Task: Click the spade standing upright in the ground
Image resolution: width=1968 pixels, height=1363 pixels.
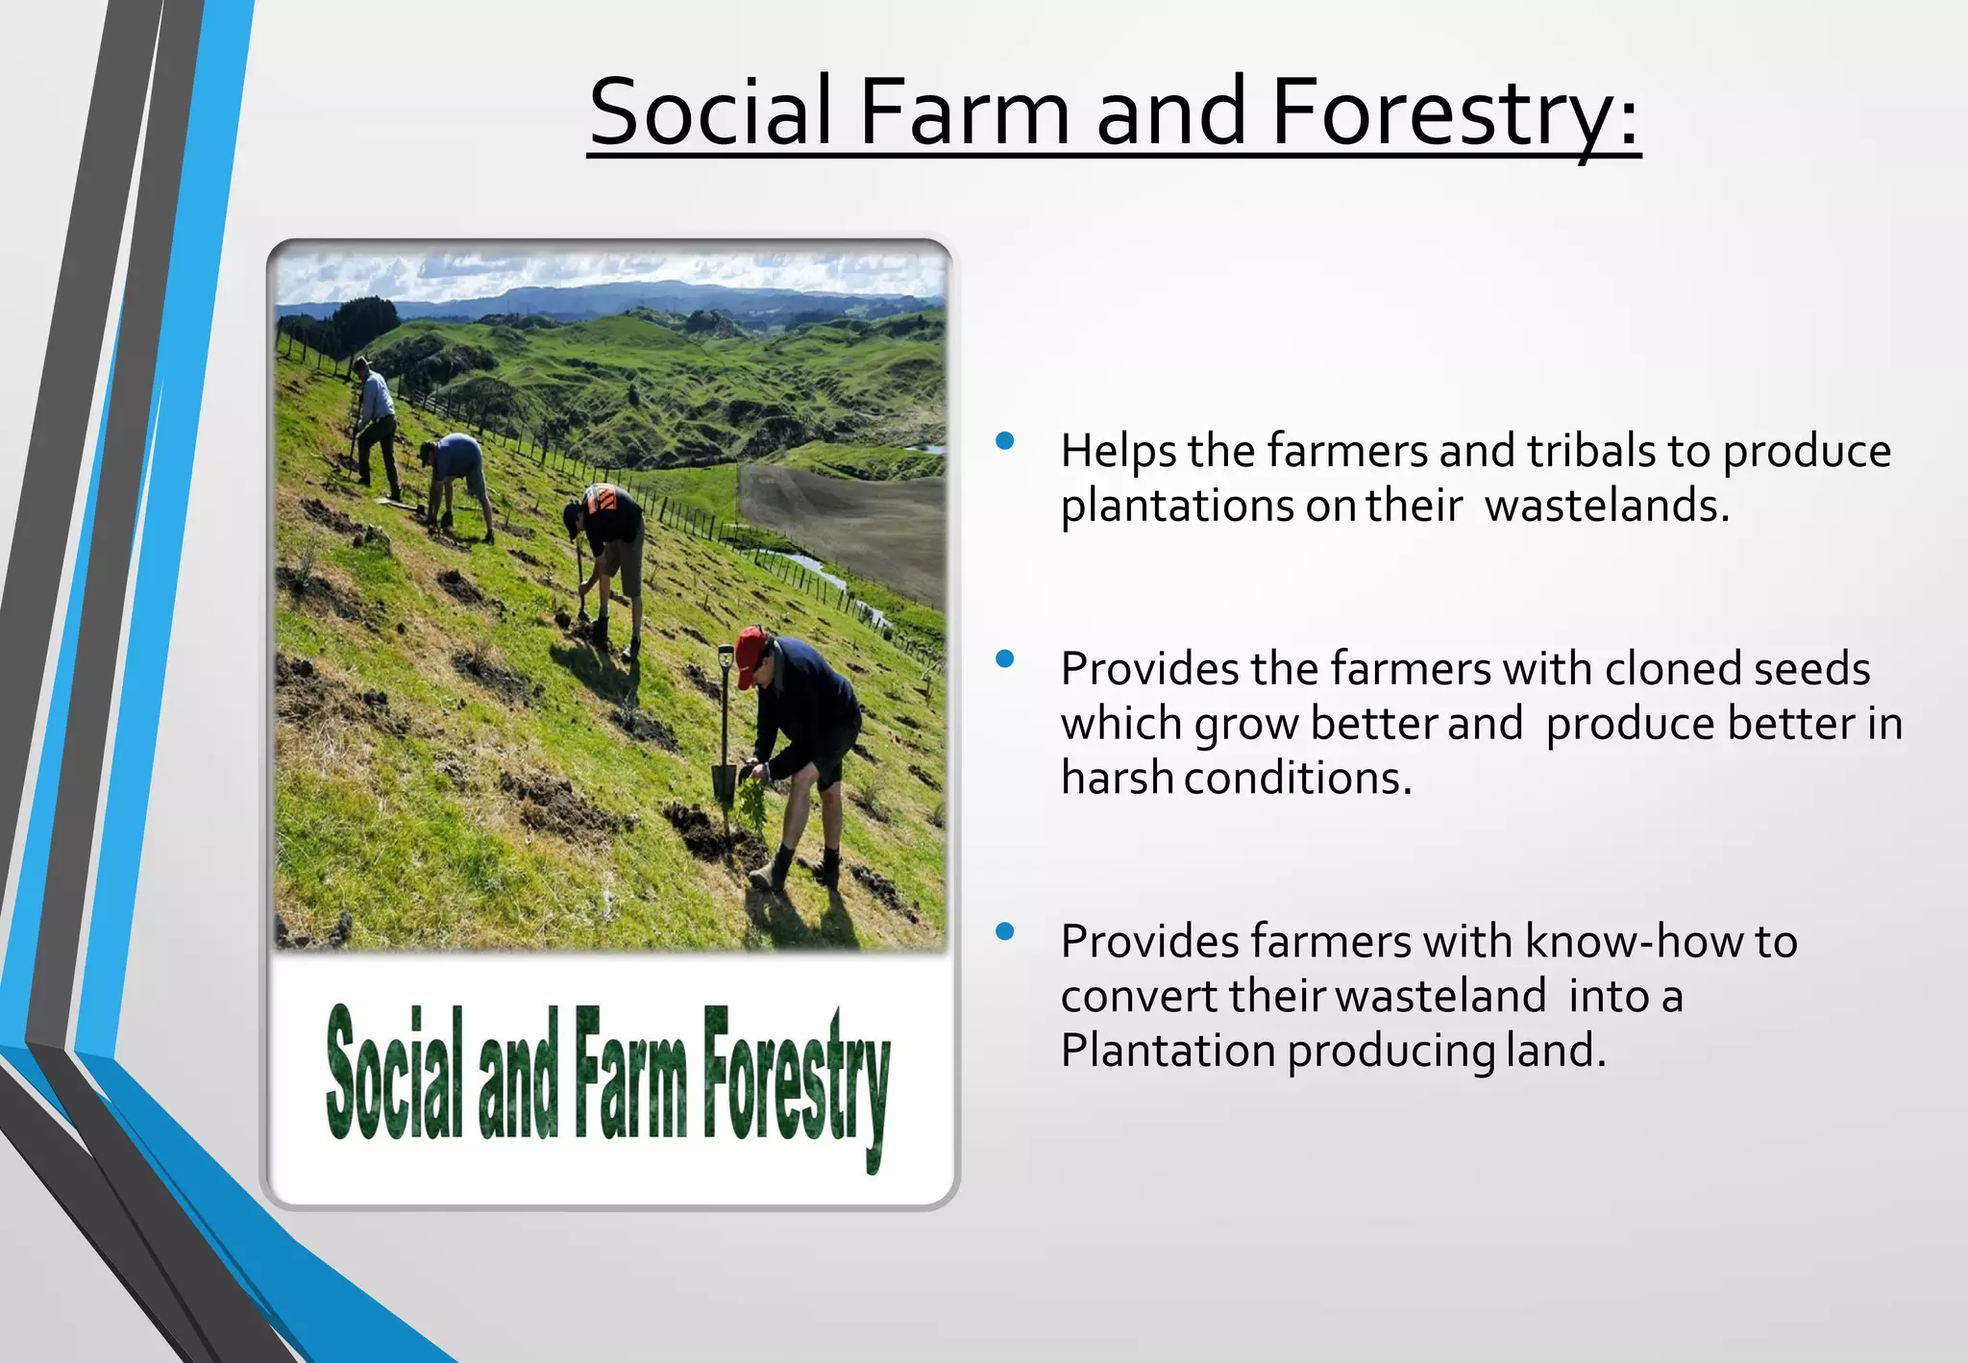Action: (x=725, y=731)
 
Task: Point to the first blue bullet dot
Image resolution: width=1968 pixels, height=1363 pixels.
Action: (x=1005, y=441)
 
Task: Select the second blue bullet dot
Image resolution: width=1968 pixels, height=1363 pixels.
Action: (x=1005, y=659)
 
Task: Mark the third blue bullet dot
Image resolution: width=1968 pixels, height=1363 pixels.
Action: (x=1005, y=931)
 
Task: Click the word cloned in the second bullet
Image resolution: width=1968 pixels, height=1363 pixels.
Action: (x=1672, y=669)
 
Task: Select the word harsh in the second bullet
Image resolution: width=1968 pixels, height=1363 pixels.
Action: (x=1117, y=778)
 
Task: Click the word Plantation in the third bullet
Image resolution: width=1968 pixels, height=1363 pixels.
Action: (x=1168, y=1051)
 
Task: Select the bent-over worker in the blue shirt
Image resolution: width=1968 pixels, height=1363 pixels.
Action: (x=456, y=476)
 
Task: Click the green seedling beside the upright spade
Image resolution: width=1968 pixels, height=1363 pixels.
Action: (x=752, y=803)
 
